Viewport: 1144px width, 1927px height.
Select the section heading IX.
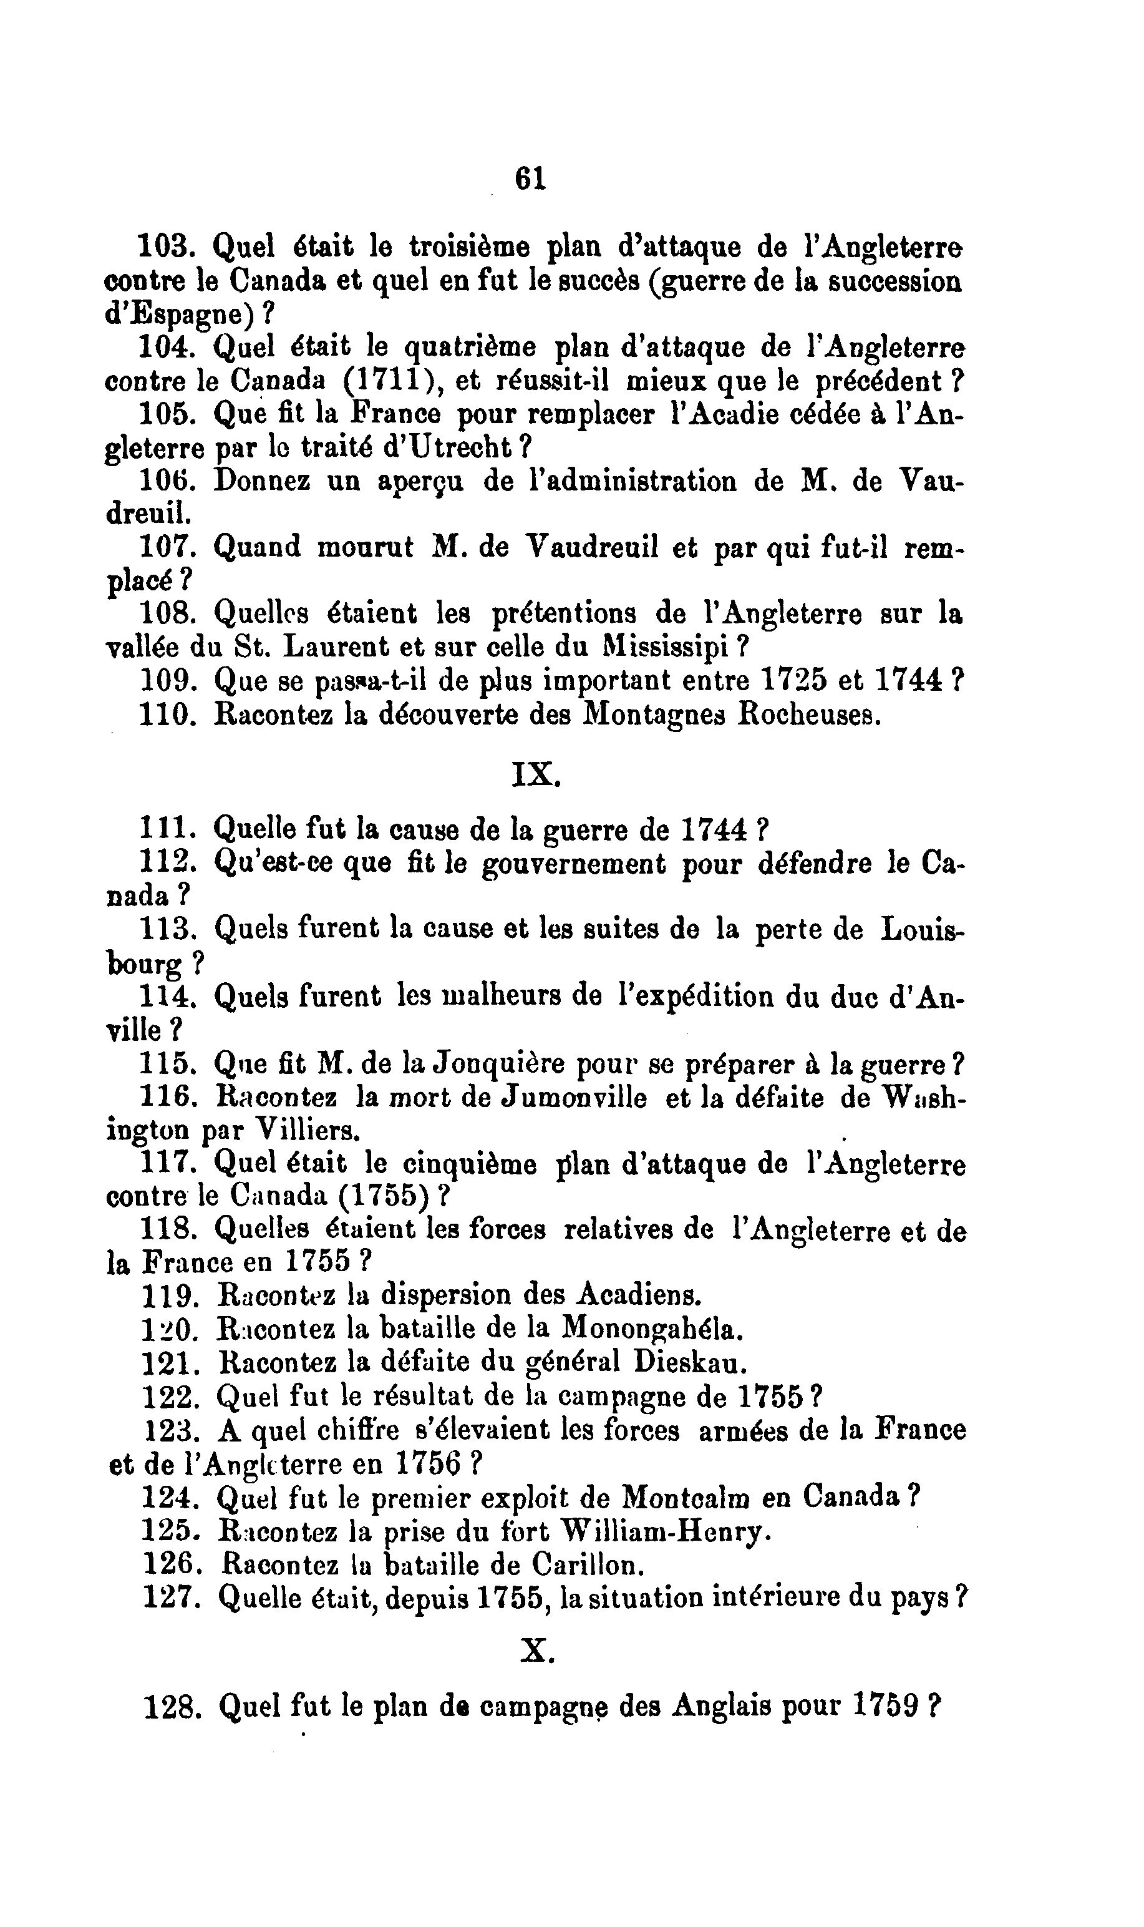coord(535,774)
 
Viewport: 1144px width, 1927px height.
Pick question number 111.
coord(164,829)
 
